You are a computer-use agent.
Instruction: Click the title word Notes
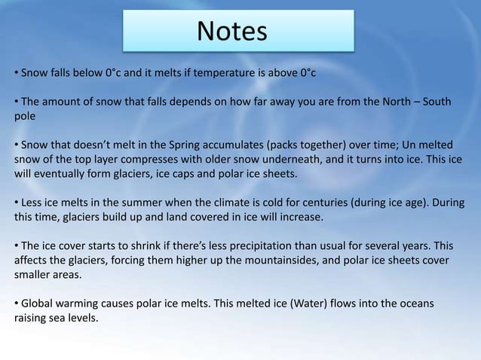coord(232,32)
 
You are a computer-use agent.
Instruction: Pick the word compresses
coord(157,160)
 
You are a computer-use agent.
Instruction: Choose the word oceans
coord(417,303)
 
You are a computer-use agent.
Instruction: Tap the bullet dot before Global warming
coord(16,303)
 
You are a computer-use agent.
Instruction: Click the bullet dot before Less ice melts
coord(16,203)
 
